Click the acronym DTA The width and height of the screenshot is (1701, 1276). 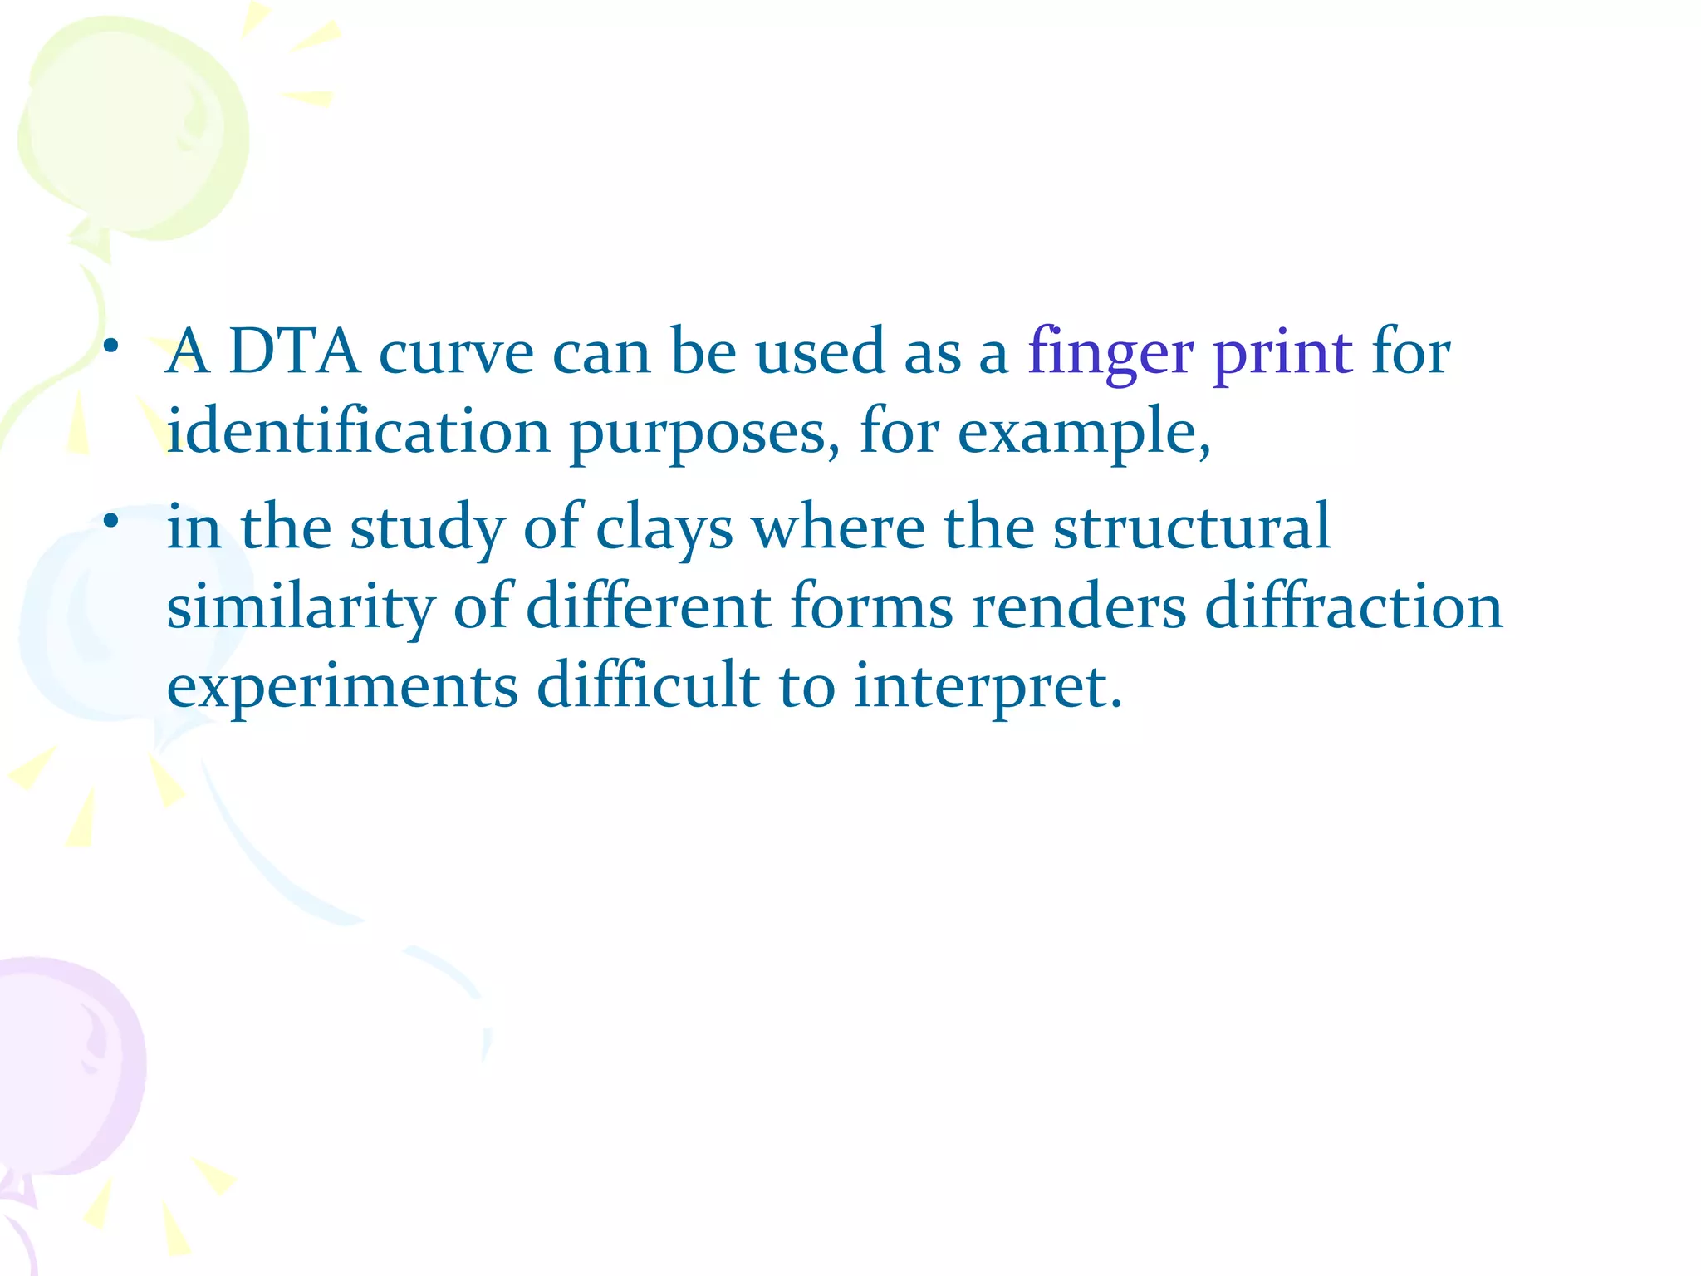click(x=294, y=352)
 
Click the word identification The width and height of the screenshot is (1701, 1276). click(x=358, y=432)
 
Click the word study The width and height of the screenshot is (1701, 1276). click(x=427, y=528)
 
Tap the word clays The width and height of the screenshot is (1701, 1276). click(x=664, y=528)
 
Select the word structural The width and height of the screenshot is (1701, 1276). click(x=1192, y=527)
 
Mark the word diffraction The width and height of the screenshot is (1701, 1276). click(x=1354, y=606)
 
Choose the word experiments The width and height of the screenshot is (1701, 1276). click(x=342, y=688)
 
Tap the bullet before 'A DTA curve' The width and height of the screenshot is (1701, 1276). click(x=111, y=346)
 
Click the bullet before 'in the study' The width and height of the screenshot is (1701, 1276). click(x=111, y=522)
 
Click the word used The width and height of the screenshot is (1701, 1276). click(x=820, y=352)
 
